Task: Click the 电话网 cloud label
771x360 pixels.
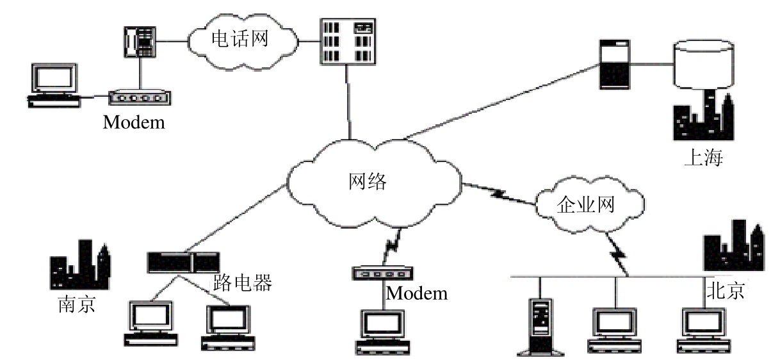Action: [x=239, y=40]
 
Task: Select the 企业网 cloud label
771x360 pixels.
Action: [x=586, y=205]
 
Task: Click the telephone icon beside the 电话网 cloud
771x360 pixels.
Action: [x=139, y=41]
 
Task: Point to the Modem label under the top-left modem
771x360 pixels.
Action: [x=134, y=122]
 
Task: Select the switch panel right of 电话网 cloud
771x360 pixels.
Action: [x=346, y=41]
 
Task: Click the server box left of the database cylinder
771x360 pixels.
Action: [x=614, y=64]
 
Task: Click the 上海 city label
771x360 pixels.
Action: [x=703, y=158]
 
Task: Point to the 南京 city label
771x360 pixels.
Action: [x=76, y=302]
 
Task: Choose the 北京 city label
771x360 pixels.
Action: [x=725, y=291]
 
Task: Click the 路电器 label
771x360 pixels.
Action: [x=243, y=282]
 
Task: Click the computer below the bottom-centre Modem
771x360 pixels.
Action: [x=382, y=330]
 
